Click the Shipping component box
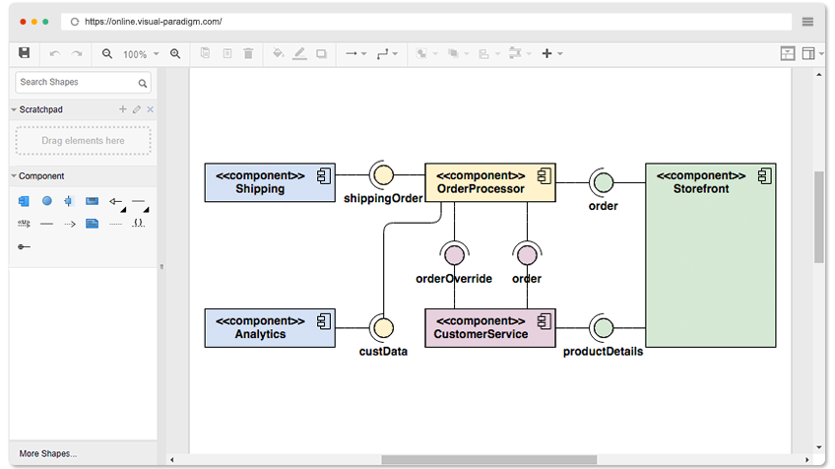tap(270, 182)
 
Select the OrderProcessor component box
tap(490, 182)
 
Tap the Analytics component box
tap(270, 328)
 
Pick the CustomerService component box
tap(490, 328)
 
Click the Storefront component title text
tap(701, 182)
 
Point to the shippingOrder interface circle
tap(383, 174)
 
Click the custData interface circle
tap(383, 328)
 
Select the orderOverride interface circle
tap(454, 255)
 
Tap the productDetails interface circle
tap(604, 328)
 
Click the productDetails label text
tap(603, 351)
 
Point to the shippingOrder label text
tap(383, 198)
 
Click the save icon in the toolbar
tap(24, 53)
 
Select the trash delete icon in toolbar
tap(248, 53)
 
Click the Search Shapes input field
tap(83, 83)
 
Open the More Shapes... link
tap(48, 453)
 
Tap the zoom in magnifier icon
tap(175, 54)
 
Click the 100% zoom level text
tap(135, 54)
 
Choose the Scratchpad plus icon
tap(122, 109)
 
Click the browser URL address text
tap(154, 22)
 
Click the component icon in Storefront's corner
tap(765, 175)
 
